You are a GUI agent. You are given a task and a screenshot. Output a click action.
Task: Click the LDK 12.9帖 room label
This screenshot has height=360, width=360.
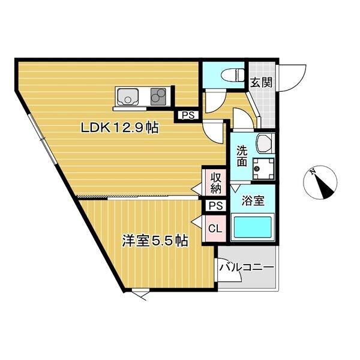[120, 128]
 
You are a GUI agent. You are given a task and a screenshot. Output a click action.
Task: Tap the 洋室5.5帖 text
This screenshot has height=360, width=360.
[155, 241]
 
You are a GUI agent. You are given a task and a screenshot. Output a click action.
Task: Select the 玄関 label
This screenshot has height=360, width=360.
[261, 82]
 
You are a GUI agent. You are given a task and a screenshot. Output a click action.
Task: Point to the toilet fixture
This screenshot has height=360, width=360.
[230, 75]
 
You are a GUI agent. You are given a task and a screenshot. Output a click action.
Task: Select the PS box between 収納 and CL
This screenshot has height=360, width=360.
[215, 206]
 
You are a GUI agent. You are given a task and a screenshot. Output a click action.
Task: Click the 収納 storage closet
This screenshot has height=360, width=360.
[215, 182]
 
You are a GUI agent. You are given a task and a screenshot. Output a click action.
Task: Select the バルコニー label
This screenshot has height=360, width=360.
[246, 267]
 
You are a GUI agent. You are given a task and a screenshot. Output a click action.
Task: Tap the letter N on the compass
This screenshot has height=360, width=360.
[313, 172]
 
